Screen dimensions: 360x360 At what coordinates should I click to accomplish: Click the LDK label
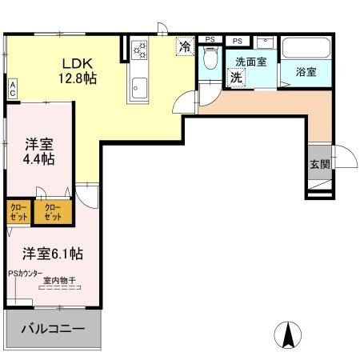coord(77,63)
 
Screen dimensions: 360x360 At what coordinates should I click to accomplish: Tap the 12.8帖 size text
coord(78,79)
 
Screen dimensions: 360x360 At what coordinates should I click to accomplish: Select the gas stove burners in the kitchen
coord(141,51)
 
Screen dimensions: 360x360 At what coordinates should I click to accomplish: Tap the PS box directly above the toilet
coord(210,39)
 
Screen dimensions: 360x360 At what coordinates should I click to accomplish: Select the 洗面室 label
coord(250,61)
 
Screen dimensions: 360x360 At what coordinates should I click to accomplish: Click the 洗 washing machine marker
coord(236,77)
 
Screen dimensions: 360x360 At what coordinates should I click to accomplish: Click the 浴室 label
coord(306,71)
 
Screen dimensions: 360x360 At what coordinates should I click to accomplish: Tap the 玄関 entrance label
coord(318,164)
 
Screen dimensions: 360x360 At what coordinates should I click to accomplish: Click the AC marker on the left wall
coord(13,89)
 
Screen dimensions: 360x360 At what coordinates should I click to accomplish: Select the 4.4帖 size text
coord(38,159)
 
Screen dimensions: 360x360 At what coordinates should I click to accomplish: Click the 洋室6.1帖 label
coord(53,254)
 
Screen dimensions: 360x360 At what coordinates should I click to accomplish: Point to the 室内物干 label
coord(59,280)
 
